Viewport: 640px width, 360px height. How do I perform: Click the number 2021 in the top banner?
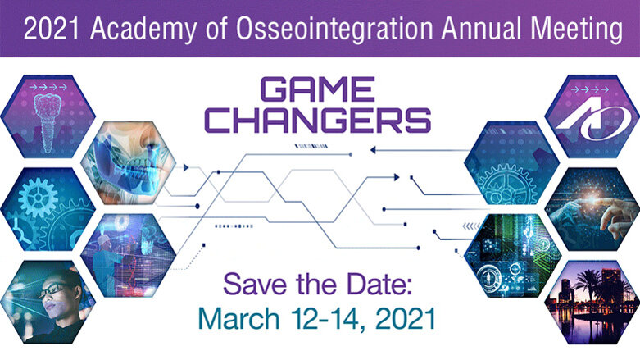[x=51, y=30]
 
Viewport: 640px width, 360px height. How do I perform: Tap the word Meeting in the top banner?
[x=566, y=30]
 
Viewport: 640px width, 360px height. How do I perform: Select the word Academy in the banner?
[x=137, y=30]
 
